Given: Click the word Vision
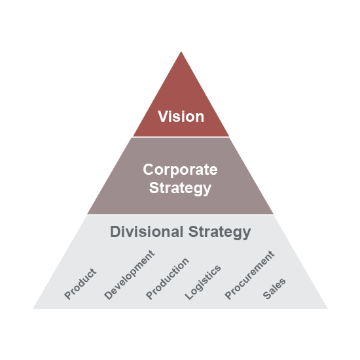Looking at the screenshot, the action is coord(181,117).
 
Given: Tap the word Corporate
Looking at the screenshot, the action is coord(180,170).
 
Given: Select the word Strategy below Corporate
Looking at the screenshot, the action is coord(180,189).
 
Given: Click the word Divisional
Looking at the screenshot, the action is coord(147,232).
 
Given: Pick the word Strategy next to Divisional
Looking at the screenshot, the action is coord(220,232).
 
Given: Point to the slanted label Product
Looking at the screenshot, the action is coord(80,284).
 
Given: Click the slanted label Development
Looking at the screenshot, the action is coord(129,275).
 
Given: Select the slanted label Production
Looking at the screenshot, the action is coord(168,279).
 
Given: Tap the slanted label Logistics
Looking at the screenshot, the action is coord(203,282).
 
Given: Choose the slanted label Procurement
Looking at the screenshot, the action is coord(249,275).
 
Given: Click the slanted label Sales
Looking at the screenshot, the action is coord(274,289).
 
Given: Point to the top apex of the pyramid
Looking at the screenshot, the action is coord(181,51).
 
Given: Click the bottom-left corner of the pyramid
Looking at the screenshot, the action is coord(33,308).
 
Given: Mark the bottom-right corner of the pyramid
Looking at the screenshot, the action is coord(328,308).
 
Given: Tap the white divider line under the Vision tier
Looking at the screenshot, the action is coord(181,137).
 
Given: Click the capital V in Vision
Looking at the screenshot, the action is coord(162,117).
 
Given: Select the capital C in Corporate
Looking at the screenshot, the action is coord(149,170).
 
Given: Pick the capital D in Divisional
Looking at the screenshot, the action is coord(115,232).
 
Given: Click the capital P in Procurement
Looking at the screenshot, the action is coord(228,296).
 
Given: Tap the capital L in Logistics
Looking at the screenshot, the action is coord(189,296).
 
